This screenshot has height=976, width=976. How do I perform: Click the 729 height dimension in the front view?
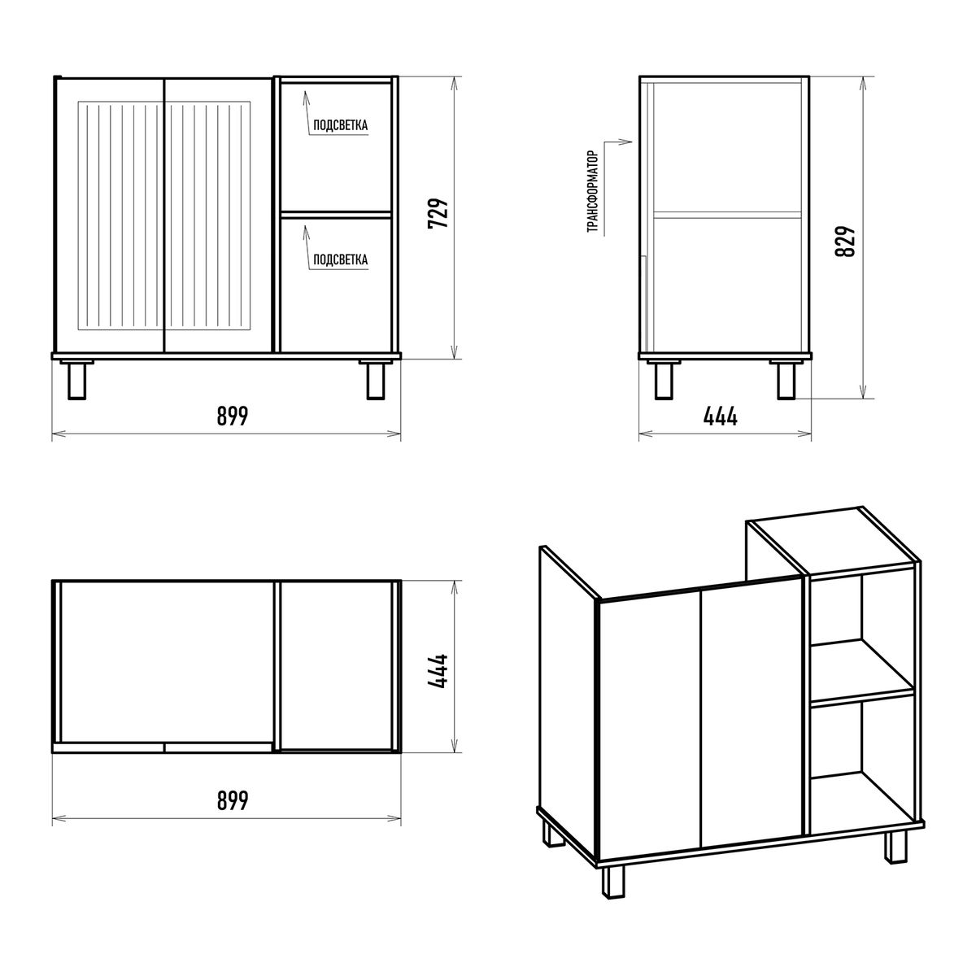click(438, 213)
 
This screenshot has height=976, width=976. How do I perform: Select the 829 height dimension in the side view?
click(845, 241)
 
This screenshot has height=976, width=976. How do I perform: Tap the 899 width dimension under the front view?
click(233, 416)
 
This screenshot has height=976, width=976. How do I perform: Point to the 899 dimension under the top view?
click(233, 801)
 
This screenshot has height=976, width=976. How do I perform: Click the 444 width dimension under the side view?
click(721, 416)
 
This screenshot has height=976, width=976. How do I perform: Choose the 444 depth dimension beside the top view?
click(438, 671)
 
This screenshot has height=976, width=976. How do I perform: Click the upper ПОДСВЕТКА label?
click(340, 125)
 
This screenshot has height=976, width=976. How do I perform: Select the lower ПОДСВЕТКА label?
click(340, 259)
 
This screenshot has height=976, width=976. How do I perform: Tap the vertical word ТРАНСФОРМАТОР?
click(593, 192)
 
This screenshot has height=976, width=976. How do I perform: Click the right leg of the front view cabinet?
click(375, 381)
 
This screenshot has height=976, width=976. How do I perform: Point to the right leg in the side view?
click(786, 381)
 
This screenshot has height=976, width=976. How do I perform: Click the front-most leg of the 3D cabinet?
click(613, 882)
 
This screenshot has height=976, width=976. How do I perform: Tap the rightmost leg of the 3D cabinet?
click(896, 847)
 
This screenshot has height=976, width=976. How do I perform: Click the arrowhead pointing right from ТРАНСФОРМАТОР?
click(629, 142)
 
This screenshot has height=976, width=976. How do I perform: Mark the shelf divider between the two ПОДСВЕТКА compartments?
click(336, 215)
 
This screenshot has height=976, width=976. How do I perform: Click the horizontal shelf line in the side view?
click(727, 215)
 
